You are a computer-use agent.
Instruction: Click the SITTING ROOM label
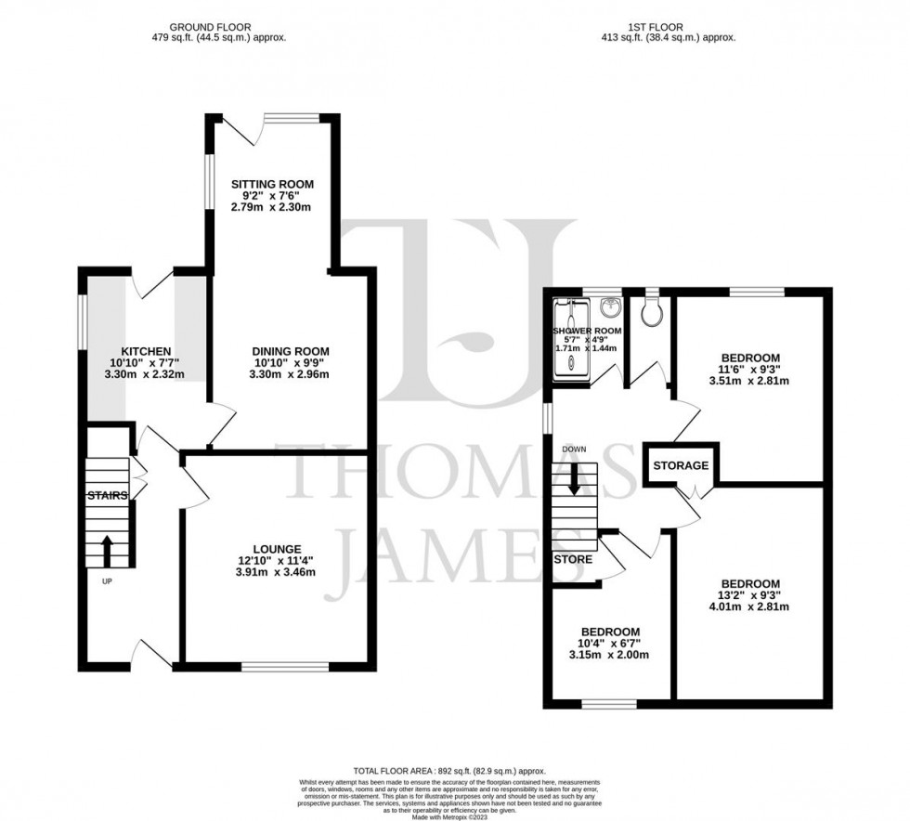click(272, 185)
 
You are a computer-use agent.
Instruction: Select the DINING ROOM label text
click(291, 351)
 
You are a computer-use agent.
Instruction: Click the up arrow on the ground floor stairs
click(107, 549)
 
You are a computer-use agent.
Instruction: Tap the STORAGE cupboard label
click(681, 465)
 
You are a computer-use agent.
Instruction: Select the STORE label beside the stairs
click(573, 560)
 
